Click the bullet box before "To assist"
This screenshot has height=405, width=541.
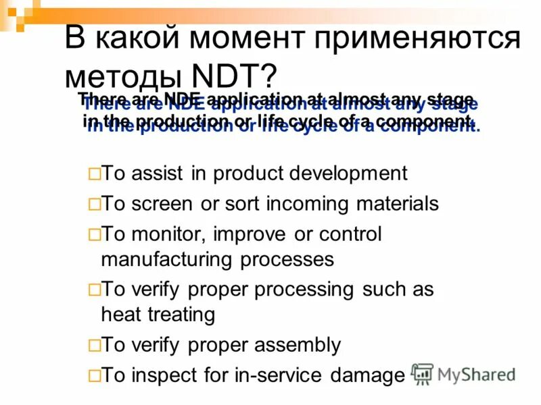(93, 174)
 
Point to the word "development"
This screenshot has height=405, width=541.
(348, 173)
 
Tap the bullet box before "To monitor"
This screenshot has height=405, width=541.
(93, 235)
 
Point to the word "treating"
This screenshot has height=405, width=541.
(181, 315)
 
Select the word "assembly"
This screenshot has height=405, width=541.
(300, 346)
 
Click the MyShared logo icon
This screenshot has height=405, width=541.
(423, 374)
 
